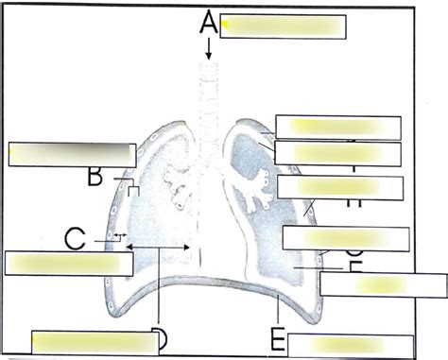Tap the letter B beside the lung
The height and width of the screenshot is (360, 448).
point(95,175)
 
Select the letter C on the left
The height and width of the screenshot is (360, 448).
point(78,238)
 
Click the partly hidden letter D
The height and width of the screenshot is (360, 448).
point(159,339)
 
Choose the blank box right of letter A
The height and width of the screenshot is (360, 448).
point(284,26)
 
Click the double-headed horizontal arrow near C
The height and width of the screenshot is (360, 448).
point(160,248)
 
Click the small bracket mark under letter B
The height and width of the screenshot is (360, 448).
point(134,191)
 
